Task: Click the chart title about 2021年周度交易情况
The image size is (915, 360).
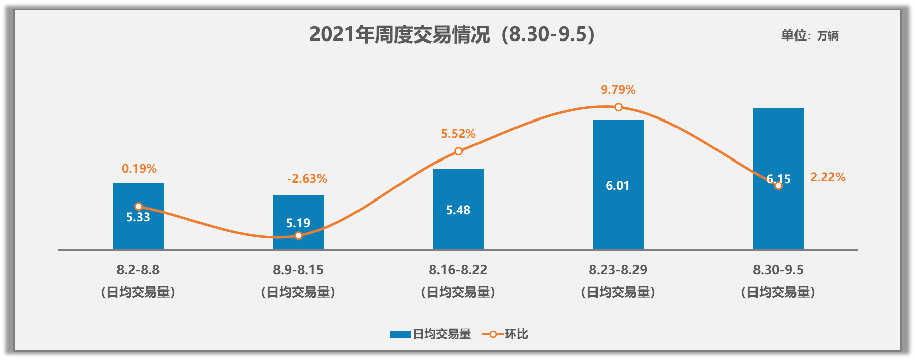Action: tap(452, 34)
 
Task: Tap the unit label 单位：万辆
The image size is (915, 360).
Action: tap(809, 35)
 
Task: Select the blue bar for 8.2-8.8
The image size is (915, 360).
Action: tap(138, 233)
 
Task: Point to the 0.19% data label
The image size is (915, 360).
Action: tap(139, 169)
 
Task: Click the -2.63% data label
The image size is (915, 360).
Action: tap(307, 179)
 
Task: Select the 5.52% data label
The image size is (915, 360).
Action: tap(458, 134)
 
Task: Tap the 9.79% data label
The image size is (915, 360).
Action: tap(618, 90)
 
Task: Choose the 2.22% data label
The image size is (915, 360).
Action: tap(828, 177)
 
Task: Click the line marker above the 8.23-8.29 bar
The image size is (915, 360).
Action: tap(618, 107)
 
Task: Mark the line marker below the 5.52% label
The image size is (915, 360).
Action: tap(458, 151)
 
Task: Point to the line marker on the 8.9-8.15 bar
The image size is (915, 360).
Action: tap(298, 236)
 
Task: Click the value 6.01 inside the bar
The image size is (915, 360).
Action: tap(618, 186)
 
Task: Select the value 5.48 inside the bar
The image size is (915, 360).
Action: tap(458, 210)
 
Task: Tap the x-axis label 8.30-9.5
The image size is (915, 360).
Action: tap(778, 270)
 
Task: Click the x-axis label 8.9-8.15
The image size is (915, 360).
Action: tap(298, 270)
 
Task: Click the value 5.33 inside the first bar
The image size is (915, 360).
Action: tap(138, 218)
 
